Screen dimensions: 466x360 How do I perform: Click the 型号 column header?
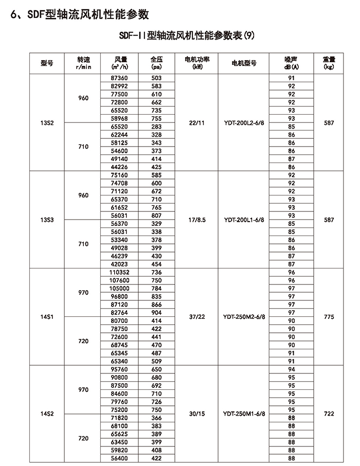coord(47,63)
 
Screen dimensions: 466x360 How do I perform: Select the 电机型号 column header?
coord(244,63)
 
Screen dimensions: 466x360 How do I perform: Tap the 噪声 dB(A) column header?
coord(292,63)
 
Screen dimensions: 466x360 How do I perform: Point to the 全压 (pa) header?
coord(156,63)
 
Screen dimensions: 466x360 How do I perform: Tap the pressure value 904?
coord(156,312)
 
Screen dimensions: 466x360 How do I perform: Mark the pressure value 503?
coord(156,78)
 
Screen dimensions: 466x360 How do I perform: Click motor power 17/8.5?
coord(197,220)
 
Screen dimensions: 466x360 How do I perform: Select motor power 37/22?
coord(197,317)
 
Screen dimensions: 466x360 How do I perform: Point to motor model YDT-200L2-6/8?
coord(244,123)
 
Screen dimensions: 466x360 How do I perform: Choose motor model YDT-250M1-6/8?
coord(244,413)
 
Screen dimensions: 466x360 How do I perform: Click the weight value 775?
coord(329,317)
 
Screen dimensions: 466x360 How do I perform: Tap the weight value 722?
coord(329,413)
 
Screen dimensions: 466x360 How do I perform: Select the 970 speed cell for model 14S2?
coord(83,390)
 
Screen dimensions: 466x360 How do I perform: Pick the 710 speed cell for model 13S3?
coord(83,244)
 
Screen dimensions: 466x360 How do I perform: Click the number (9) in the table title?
coord(249,37)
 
